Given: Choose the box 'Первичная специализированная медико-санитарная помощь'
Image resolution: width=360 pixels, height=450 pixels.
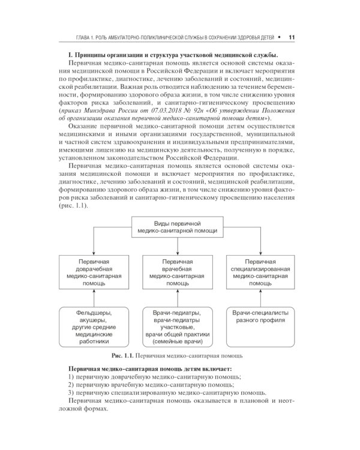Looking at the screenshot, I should [x=260, y=271].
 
